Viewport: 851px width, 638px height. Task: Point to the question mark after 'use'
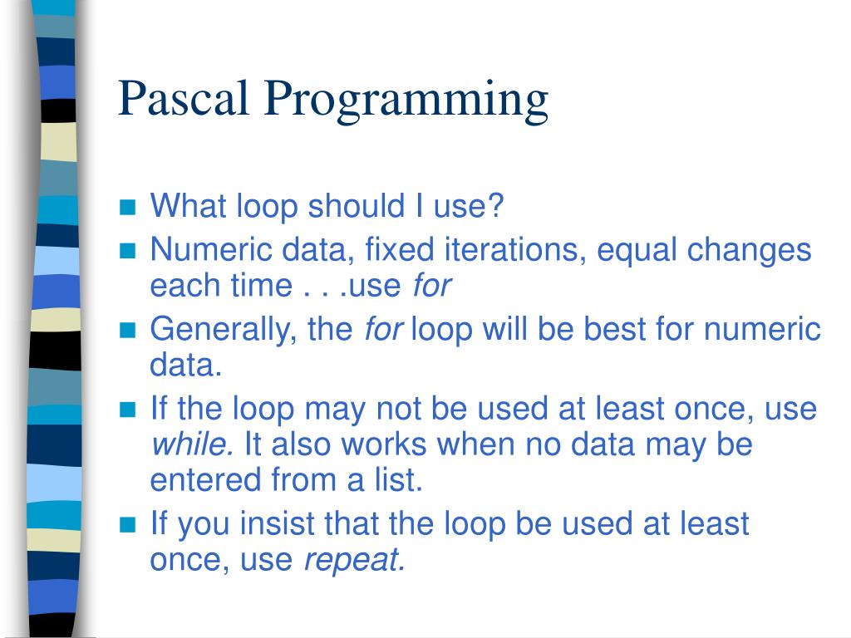(496, 205)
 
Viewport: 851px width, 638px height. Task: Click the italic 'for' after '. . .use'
(431, 286)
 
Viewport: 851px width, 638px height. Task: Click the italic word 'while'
(190, 444)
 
